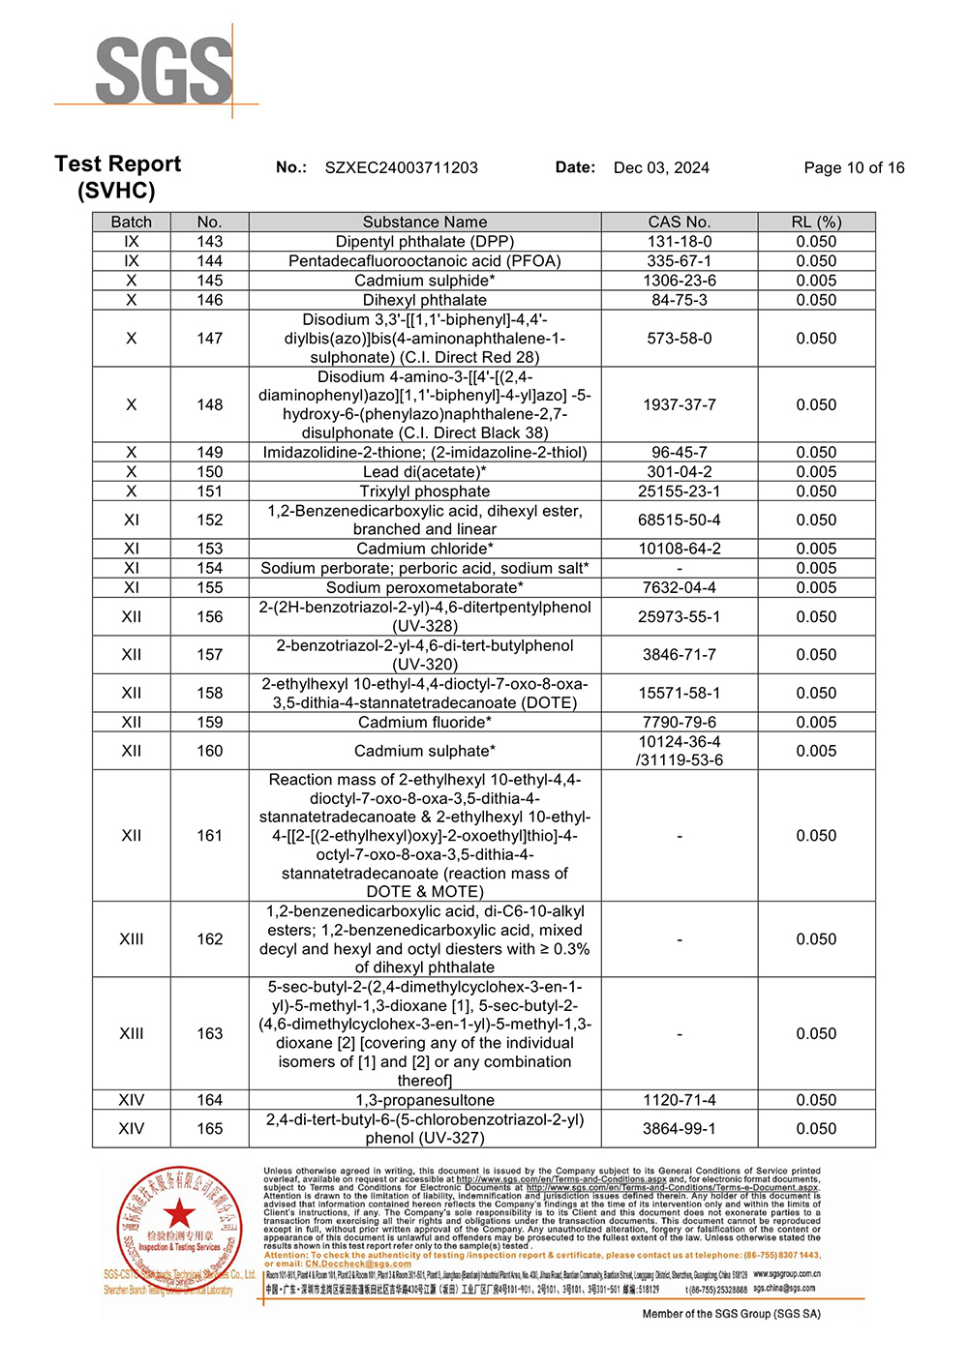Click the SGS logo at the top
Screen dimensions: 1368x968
pyautogui.click(x=164, y=72)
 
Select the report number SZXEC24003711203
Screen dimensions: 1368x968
pyautogui.click(x=401, y=167)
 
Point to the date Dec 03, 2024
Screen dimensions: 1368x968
pyautogui.click(x=661, y=167)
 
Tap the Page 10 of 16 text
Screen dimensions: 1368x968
pyautogui.click(x=854, y=167)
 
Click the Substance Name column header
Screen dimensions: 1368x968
pyautogui.click(x=425, y=222)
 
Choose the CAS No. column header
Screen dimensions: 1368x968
pyautogui.click(x=679, y=222)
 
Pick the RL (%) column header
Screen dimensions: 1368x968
pyautogui.click(x=816, y=222)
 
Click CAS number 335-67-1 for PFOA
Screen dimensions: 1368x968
pyautogui.click(x=679, y=261)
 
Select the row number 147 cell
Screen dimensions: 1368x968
pyautogui.click(x=209, y=339)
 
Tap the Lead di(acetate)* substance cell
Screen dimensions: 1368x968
pyautogui.click(x=425, y=472)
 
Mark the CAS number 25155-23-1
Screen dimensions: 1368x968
pyautogui.click(x=679, y=491)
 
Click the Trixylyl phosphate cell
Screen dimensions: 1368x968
pyautogui.click(x=425, y=491)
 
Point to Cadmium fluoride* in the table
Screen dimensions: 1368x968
pyautogui.click(x=425, y=723)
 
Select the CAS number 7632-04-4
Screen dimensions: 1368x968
pyautogui.click(x=679, y=587)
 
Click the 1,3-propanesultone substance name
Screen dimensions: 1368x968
pyautogui.click(x=425, y=1100)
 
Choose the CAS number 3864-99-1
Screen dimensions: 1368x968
pyautogui.click(x=679, y=1129)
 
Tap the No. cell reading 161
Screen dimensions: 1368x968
pyautogui.click(x=209, y=836)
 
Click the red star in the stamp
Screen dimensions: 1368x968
pyautogui.click(x=179, y=1213)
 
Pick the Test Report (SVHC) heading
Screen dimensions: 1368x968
pyautogui.click(x=118, y=177)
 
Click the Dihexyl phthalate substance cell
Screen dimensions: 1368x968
pyautogui.click(x=425, y=300)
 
